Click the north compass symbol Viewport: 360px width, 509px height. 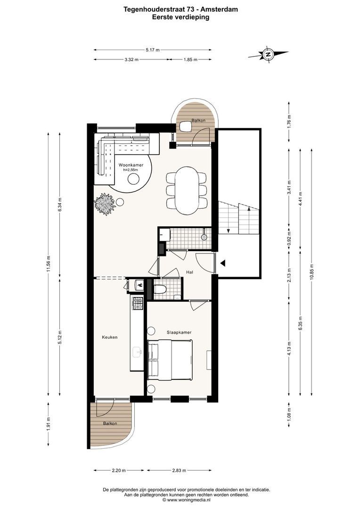coord(268,54)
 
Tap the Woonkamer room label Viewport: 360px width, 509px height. coord(131,165)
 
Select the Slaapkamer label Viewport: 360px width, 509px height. coord(179,332)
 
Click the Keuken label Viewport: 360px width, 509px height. coord(110,337)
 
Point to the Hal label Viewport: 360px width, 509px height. coord(189,272)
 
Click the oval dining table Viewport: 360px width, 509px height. coord(187,190)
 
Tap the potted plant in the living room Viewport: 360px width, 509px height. coord(105,204)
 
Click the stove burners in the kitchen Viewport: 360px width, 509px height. coord(137,303)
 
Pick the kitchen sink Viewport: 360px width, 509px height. coord(137,352)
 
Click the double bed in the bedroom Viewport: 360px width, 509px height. coord(170,360)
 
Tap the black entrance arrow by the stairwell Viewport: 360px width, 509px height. coord(223,263)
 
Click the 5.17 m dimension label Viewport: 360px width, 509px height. coord(153,49)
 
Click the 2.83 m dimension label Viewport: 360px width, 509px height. coord(179,470)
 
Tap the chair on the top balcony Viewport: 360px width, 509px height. coord(186,127)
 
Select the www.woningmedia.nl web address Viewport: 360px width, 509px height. coord(188,500)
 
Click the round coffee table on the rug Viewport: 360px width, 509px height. coord(133,179)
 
